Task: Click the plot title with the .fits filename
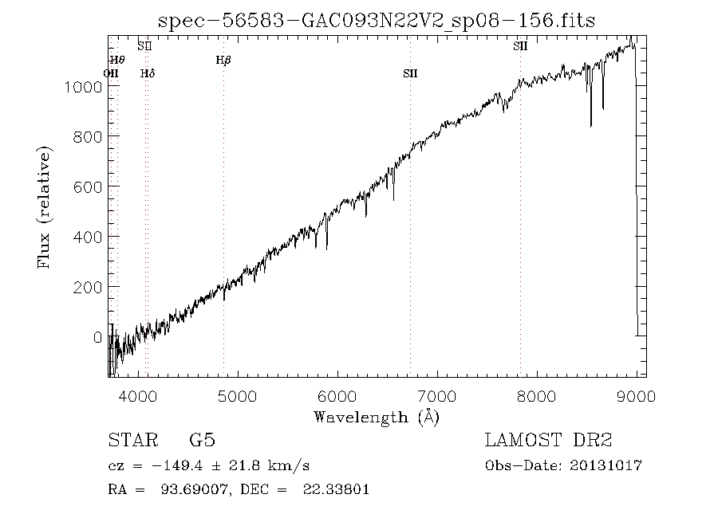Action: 377,20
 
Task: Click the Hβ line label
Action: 223,60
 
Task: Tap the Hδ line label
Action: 147,74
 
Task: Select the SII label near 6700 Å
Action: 410,74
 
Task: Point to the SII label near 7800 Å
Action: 520,46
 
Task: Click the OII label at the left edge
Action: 111,74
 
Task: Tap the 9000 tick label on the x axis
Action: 636,397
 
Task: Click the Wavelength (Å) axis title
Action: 377,416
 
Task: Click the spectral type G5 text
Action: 203,441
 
